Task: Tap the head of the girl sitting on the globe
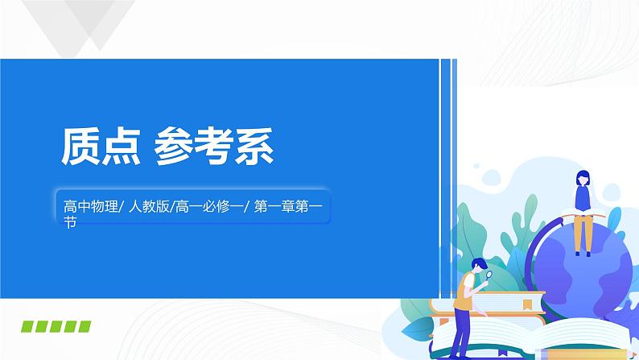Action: pyautogui.click(x=582, y=179)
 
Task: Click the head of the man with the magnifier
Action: pyautogui.click(x=477, y=266)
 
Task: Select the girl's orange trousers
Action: pyautogui.click(x=583, y=233)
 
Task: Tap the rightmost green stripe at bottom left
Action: pyautogui.click(x=84, y=326)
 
